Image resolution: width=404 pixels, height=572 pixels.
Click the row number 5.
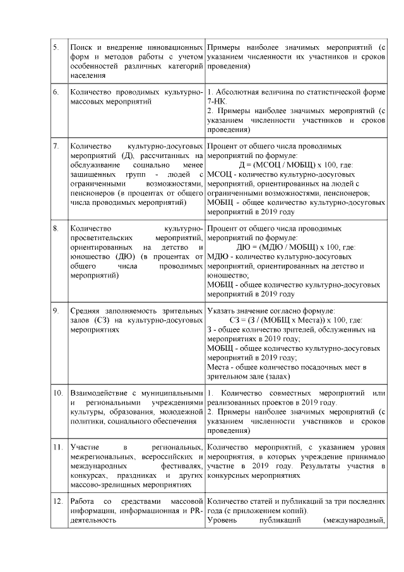pos(56,48)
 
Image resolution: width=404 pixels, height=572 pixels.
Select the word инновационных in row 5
pos(175,48)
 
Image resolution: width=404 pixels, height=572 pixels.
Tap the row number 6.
pos(56,92)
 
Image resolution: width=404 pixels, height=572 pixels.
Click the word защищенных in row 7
pos(94,174)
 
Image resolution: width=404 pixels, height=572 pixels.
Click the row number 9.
pos(56,310)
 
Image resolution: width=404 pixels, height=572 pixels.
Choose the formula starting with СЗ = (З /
pos(292,320)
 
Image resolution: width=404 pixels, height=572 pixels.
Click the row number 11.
pos(57,447)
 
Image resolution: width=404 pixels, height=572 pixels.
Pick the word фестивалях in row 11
pos(181,466)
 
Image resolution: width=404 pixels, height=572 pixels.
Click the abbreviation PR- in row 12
pos(193,511)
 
